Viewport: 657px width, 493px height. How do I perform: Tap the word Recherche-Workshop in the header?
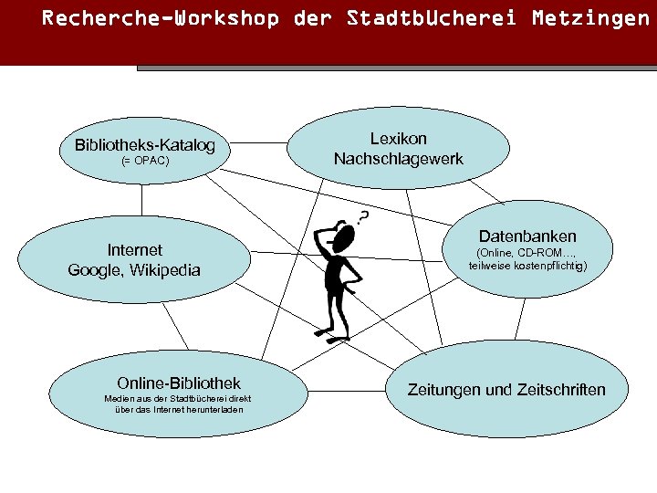[161, 18]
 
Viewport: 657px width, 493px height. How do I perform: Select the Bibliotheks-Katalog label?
[145, 145]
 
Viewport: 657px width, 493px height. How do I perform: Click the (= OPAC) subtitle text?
[145, 162]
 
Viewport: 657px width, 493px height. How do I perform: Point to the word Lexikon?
[398, 139]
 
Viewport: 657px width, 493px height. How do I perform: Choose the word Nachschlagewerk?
[398, 159]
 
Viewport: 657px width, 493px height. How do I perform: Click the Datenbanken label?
[527, 236]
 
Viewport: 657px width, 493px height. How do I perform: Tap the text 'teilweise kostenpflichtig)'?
[527, 267]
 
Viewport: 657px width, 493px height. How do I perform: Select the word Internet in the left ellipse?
[134, 249]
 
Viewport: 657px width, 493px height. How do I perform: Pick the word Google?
[96, 270]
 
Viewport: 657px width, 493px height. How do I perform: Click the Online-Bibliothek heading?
[179, 383]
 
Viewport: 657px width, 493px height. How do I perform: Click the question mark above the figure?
[363, 217]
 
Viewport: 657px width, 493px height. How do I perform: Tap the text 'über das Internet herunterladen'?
[179, 409]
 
